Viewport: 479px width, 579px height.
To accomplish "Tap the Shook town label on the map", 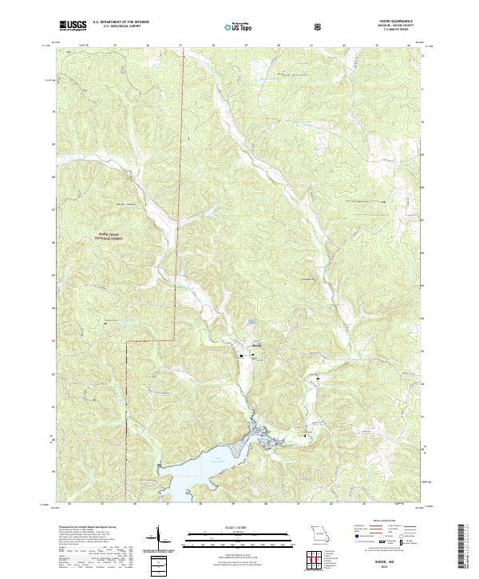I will coord(255,344).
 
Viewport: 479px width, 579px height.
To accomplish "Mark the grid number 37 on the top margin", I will coord(181,46).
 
